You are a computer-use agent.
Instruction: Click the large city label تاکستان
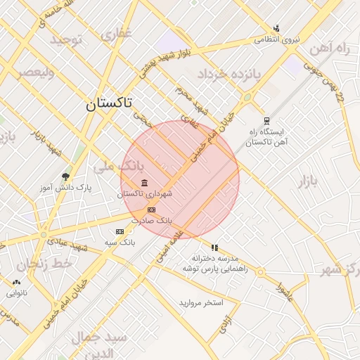click(x=108, y=104)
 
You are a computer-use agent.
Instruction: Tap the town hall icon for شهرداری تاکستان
click(x=145, y=184)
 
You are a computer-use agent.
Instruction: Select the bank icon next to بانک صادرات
click(x=150, y=210)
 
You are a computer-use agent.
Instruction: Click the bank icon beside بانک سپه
click(x=120, y=231)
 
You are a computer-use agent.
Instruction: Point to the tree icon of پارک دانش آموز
click(x=66, y=176)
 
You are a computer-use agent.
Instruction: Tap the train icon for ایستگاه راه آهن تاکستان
click(x=266, y=121)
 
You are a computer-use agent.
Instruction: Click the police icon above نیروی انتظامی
click(x=276, y=29)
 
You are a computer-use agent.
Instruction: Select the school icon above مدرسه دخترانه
click(x=214, y=247)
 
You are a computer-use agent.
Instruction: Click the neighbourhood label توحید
click(x=66, y=39)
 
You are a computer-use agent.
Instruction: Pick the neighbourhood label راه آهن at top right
click(x=333, y=48)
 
